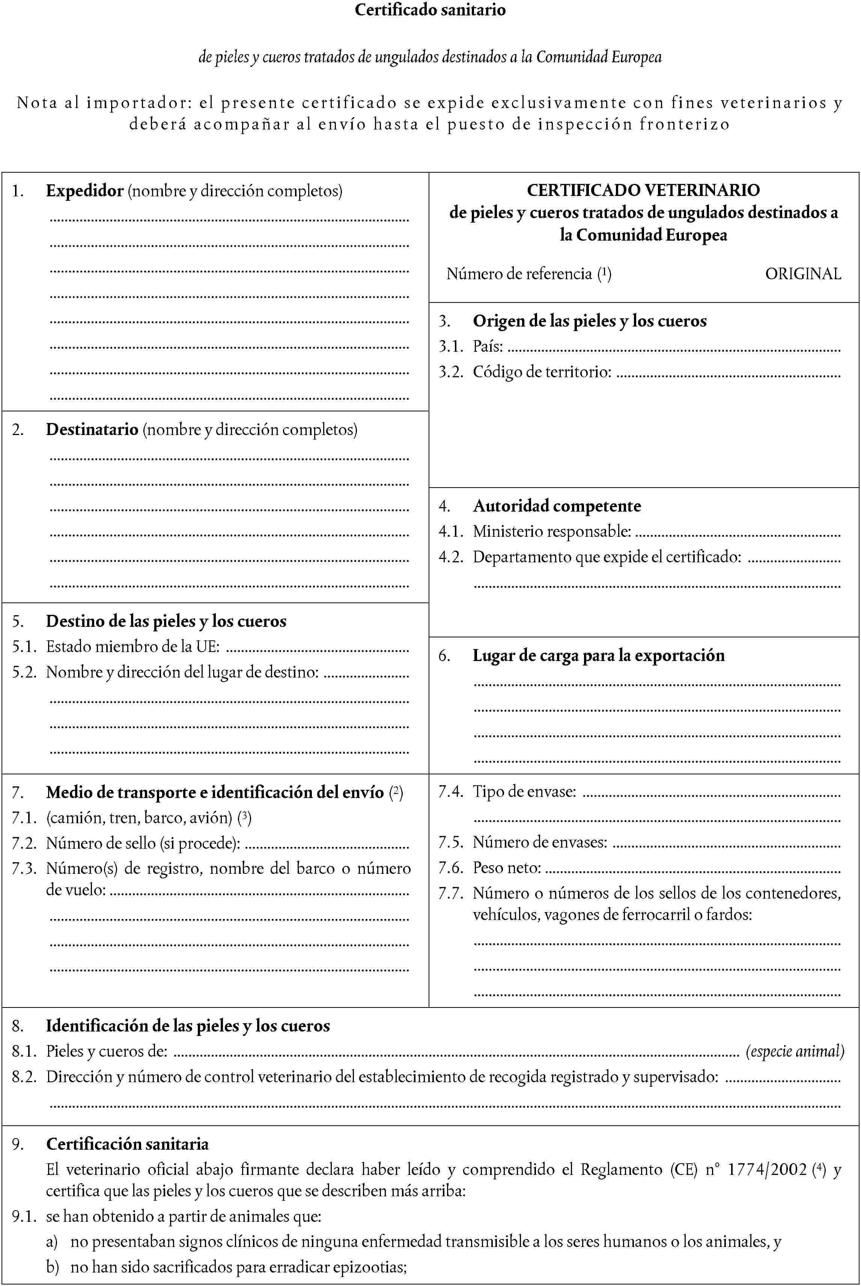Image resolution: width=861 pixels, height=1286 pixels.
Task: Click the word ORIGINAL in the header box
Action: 803,274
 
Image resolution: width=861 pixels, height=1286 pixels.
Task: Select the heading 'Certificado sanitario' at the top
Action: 430,10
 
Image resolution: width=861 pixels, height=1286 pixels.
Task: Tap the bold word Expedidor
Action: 84,191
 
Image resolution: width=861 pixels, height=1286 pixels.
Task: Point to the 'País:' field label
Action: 488,346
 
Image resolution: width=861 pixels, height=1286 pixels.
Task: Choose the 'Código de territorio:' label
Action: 542,372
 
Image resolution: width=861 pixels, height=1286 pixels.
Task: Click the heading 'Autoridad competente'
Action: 557,506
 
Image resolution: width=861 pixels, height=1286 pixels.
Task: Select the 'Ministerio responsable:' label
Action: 551,531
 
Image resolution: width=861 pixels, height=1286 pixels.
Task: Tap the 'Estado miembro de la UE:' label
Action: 132,646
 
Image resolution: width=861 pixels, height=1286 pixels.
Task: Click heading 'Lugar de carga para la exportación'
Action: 599,655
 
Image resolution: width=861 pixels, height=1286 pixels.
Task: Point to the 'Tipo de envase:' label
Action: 524,791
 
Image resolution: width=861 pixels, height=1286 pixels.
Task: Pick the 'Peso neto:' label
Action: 506,867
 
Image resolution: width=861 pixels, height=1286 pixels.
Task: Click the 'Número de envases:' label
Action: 540,842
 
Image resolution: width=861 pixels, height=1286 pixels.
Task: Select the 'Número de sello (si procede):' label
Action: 143,843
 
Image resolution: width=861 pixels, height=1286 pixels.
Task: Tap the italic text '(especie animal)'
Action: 795,1051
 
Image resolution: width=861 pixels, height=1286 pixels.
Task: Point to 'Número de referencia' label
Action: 519,274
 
